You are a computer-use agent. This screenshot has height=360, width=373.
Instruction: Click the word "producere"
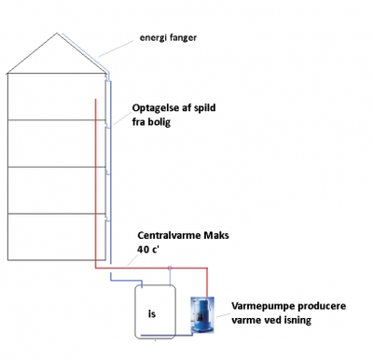point(314,305)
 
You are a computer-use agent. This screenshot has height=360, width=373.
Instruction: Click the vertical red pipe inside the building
point(95,177)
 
